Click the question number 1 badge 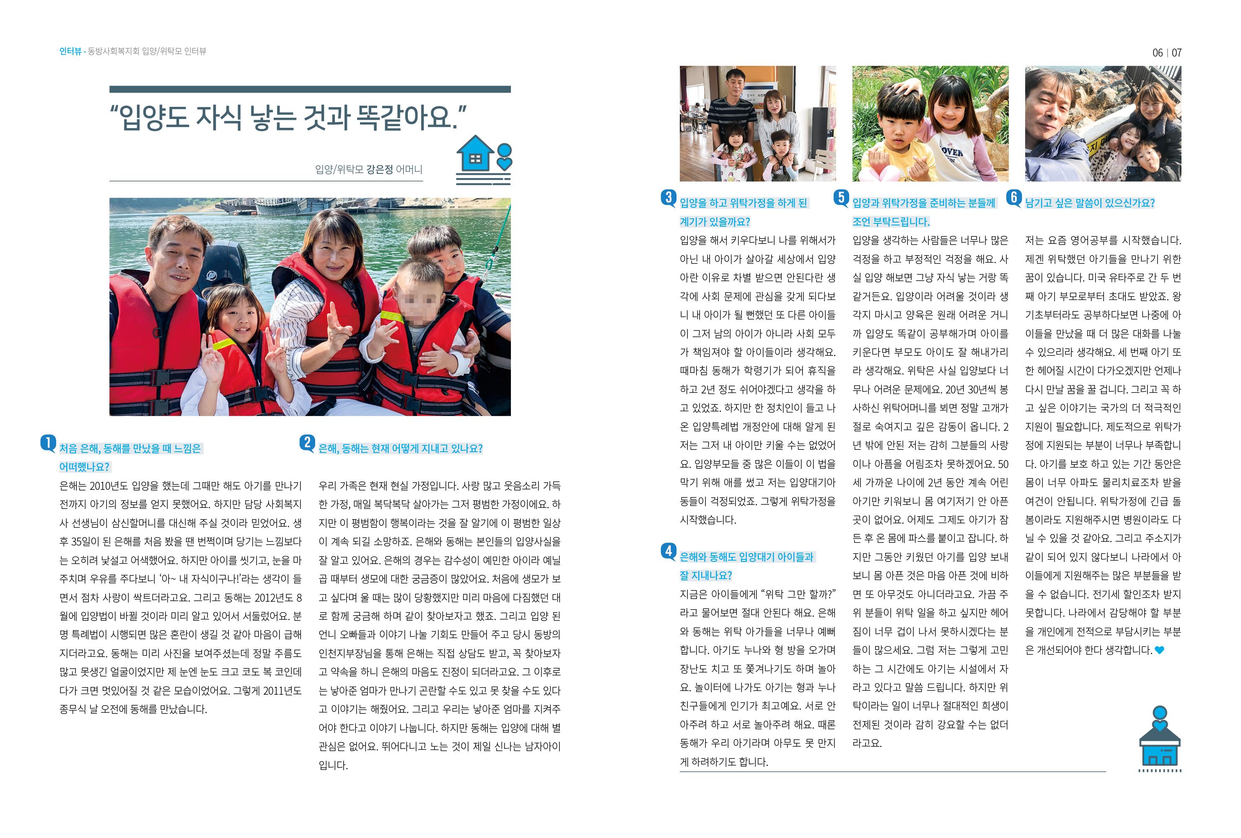pos(48,443)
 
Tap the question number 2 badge pos(307,443)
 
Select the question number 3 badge pos(668,197)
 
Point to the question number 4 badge pos(668,551)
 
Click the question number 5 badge pos(841,197)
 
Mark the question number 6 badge pos(1013,197)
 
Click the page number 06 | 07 pos(1167,53)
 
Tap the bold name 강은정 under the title pos(380,170)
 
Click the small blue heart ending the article pos(1159,650)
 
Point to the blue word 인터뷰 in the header pos(70,51)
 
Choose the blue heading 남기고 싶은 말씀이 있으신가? pos(1090,203)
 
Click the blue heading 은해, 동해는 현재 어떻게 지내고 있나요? pos(401,449)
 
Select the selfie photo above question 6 pos(1103,124)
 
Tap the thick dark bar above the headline pos(310,90)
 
